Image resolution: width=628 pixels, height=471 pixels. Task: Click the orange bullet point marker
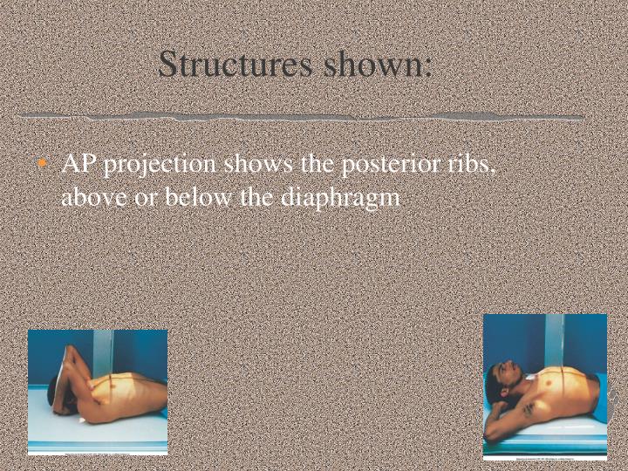click(45, 164)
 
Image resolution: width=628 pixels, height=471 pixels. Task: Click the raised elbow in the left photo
click(72, 348)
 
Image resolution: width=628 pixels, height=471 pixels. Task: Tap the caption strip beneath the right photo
click(545, 456)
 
